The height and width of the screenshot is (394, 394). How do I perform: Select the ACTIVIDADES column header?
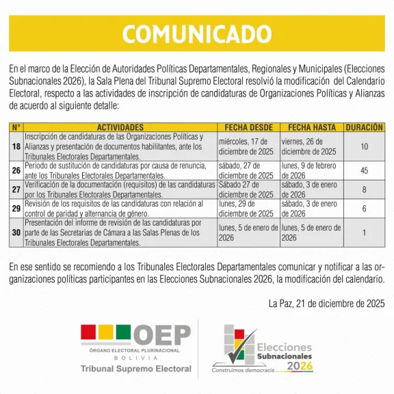[120, 127]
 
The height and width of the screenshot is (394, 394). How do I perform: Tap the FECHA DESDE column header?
[248, 127]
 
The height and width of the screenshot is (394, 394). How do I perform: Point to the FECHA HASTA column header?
[311, 127]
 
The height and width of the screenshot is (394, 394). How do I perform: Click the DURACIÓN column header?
[364, 127]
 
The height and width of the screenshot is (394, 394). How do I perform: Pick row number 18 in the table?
[16, 146]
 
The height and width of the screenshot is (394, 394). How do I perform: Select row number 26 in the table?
[16, 170]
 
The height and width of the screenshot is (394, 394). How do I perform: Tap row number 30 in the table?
[16, 233]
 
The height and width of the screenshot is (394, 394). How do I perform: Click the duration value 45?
[364, 170]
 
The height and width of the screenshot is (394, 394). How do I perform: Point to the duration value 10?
[364, 146]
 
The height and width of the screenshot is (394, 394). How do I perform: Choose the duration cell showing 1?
[364, 233]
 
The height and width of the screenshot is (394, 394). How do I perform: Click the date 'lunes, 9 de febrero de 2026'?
[311, 170]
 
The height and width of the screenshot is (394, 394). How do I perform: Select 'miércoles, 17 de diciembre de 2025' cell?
[248, 146]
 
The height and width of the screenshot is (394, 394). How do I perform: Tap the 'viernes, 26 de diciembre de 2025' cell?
[311, 146]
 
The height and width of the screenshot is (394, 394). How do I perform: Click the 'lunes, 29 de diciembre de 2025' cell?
[248, 209]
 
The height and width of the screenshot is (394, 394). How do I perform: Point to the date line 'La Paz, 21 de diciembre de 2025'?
[327, 303]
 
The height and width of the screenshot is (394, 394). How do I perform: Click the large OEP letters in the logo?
[161, 334]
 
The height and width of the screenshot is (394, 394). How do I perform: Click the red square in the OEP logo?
[88, 332]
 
